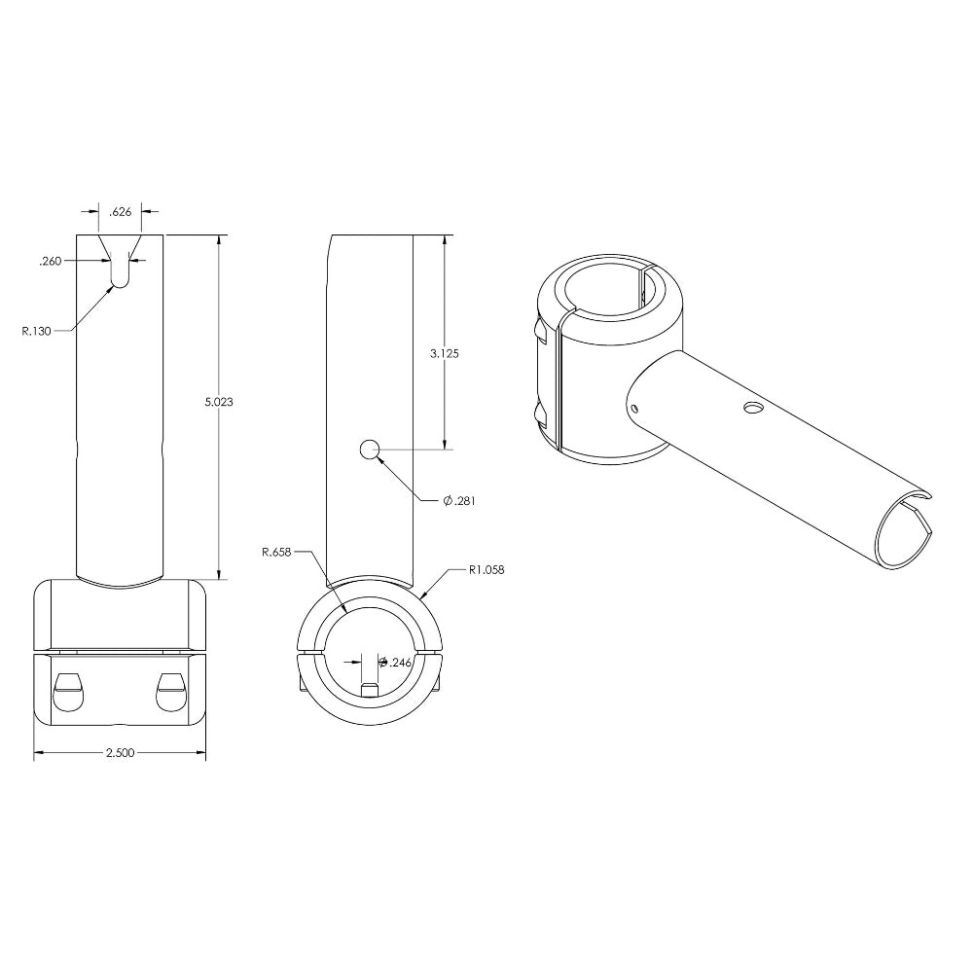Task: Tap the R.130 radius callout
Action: coord(38,331)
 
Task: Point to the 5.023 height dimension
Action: coord(221,401)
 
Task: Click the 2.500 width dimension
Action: coord(119,753)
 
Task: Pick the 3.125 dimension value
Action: coord(445,354)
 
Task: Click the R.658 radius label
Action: coord(277,552)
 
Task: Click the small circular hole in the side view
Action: coord(369,450)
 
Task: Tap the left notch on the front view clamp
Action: coord(67,690)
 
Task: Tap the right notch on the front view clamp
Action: coord(171,690)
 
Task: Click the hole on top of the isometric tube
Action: coord(752,407)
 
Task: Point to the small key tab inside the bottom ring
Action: coord(369,689)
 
